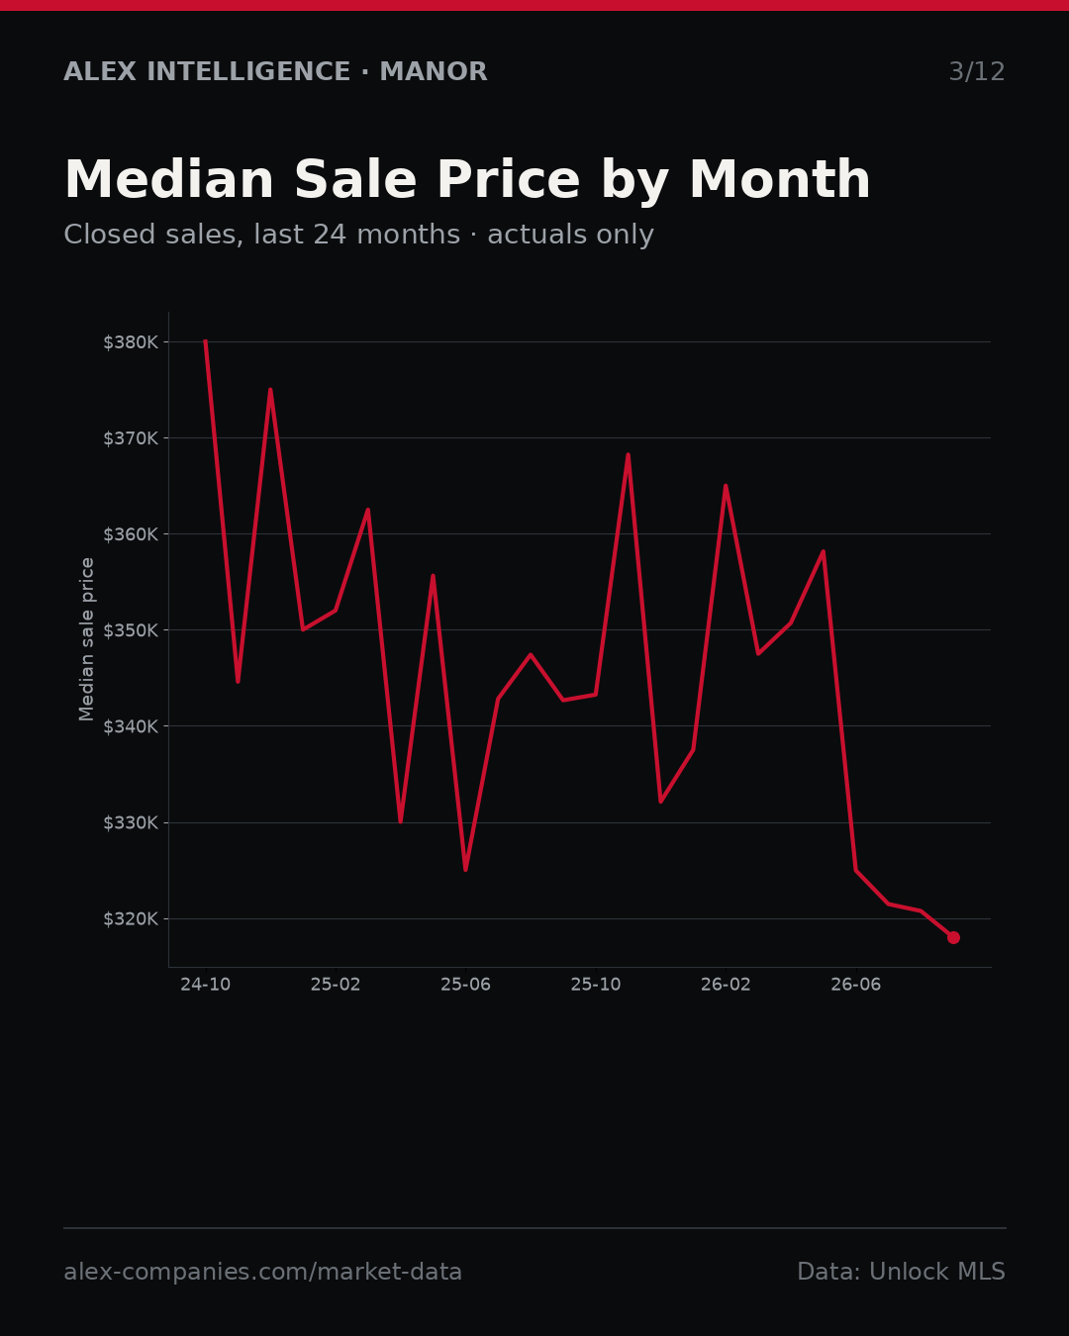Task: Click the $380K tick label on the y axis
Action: point(131,342)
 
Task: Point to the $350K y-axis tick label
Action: point(131,630)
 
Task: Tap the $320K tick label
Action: point(131,918)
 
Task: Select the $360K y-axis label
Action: point(131,534)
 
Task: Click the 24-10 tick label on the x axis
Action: point(205,985)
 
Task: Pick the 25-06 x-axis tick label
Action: point(465,985)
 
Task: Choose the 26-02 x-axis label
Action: point(726,985)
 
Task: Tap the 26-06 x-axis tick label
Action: point(856,985)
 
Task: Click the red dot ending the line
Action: point(953,937)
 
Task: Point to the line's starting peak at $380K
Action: point(205,341)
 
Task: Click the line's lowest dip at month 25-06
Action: point(466,869)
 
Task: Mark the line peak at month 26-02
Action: point(726,486)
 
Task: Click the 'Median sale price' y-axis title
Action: point(86,639)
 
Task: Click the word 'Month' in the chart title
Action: point(780,180)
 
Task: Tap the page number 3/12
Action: point(977,71)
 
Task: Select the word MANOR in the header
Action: point(434,71)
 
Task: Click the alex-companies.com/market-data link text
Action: point(262,1272)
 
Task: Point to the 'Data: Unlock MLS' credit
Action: point(902,1272)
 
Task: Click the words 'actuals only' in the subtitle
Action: point(570,235)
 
